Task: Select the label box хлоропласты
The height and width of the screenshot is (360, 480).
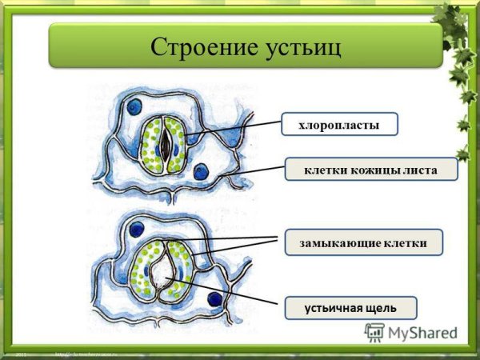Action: [x=339, y=124]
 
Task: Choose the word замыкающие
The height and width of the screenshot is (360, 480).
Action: [x=339, y=242]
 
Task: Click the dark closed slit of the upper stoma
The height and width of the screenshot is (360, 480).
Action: [x=164, y=144]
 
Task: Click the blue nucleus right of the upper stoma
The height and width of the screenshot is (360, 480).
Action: [x=201, y=170]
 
